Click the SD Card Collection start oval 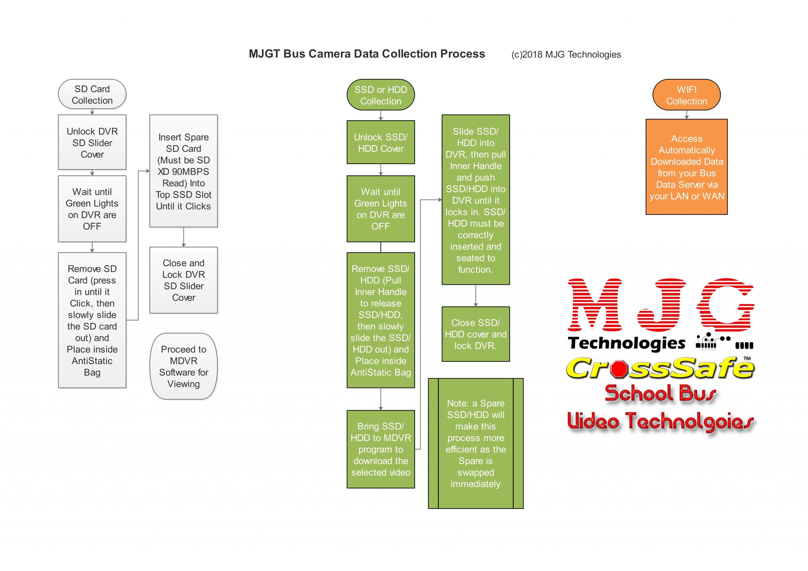(92, 95)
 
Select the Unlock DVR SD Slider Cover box (92, 142)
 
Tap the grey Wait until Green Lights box (92, 209)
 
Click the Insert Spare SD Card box (183, 171)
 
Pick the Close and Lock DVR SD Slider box (183, 280)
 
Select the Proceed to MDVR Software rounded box (183, 366)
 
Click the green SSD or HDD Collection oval (380, 95)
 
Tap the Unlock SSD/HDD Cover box (380, 142)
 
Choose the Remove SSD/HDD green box (380, 320)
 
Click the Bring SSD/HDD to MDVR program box (380, 449)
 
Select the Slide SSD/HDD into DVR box (475, 200)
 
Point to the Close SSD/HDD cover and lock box (475, 334)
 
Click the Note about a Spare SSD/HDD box (475, 443)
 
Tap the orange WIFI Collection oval (686, 95)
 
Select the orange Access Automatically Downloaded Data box (686, 167)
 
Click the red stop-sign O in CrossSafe (619, 369)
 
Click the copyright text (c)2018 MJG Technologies (566, 54)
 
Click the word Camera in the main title (331, 54)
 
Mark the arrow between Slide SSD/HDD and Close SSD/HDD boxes (475, 296)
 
